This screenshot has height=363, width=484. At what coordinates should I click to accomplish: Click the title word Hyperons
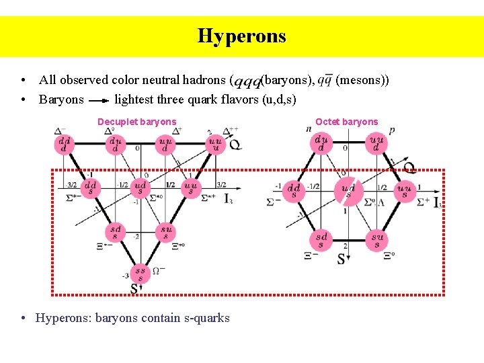(x=241, y=36)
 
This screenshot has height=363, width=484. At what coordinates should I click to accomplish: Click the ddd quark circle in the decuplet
(x=65, y=145)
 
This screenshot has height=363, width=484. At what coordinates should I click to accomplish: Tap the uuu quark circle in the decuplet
(x=215, y=145)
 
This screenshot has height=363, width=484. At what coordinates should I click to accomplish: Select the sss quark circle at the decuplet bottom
(x=139, y=274)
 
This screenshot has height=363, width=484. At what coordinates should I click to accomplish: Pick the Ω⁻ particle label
(x=159, y=270)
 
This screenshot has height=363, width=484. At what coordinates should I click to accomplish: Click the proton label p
(x=392, y=130)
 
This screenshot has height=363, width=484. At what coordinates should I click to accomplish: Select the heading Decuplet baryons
(x=136, y=122)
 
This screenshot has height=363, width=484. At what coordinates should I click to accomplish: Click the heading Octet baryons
(x=346, y=122)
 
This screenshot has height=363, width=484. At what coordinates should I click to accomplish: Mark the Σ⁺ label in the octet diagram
(x=423, y=202)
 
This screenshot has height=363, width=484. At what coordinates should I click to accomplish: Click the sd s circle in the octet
(x=321, y=240)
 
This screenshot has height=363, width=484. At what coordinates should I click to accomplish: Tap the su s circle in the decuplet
(x=165, y=233)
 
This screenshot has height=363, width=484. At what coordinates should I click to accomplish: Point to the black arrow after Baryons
(x=99, y=100)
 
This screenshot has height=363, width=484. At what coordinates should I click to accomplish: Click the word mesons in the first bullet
(x=362, y=80)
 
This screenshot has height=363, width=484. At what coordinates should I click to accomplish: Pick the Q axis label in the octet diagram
(x=409, y=167)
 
